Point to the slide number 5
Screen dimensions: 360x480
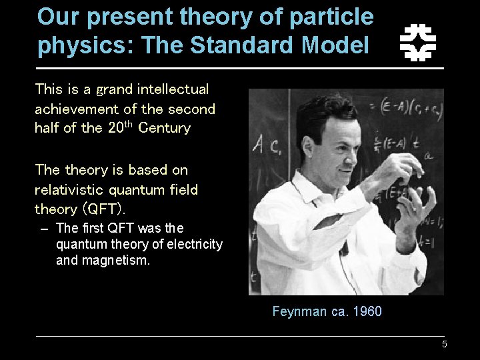[x=444, y=345]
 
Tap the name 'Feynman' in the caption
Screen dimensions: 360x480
[x=299, y=311]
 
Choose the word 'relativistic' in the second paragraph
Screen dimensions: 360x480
[x=67, y=190]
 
